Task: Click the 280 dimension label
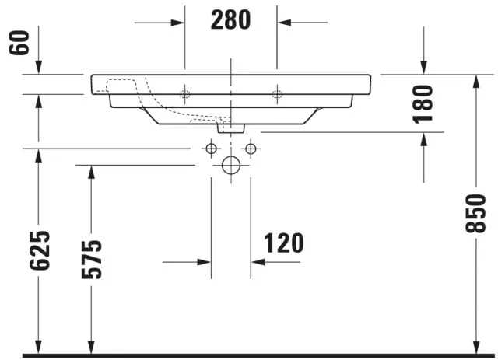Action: (x=231, y=20)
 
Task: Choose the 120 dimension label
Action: (x=283, y=243)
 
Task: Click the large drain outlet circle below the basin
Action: (x=231, y=165)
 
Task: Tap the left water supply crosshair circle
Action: (x=211, y=148)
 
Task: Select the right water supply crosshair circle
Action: (x=251, y=148)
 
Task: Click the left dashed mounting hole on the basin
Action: (x=185, y=95)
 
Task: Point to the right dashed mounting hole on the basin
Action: (x=276, y=95)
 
